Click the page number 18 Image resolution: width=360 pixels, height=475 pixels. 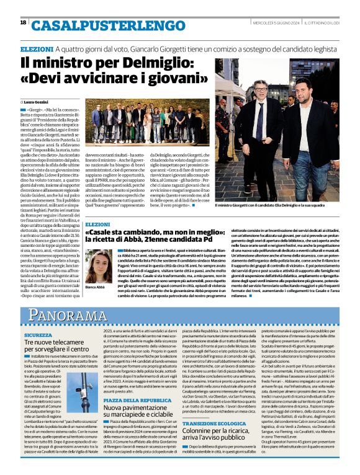click(x=23, y=22)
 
